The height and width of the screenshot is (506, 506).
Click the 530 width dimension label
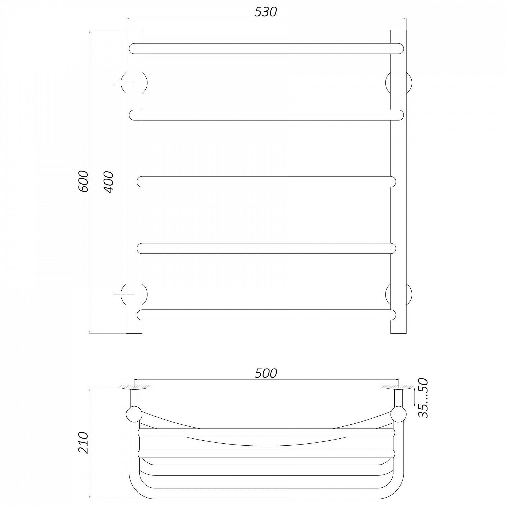(x=266, y=11)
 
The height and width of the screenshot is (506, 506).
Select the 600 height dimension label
(x=83, y=181)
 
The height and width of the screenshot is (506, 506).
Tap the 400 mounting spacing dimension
(x=109, y=182)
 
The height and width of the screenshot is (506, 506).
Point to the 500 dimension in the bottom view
(x=266, y=373)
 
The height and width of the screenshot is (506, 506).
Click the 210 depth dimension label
(x=83, y=442)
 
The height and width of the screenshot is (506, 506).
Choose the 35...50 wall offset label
(x=423, y=398)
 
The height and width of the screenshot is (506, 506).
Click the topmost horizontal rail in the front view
(x=266, y=48)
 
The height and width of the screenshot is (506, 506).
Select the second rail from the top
(x=266, y=115)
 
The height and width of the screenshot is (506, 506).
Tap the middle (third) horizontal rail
(x=266, y=181)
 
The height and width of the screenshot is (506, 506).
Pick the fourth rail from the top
(x=266, y=248)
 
